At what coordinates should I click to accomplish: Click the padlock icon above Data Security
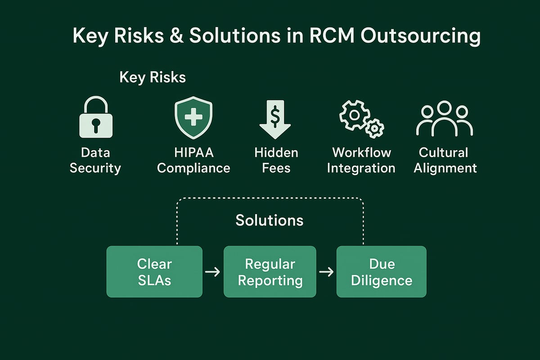pyautogui.click(x=95, y=119)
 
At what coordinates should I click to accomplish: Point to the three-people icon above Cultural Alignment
pyautogui.click(x=444, y=119)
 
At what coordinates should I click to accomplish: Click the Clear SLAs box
pyautogui.click(x=154, y=271)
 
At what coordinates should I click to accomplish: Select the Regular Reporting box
pyautogui.click(x=270, y=271)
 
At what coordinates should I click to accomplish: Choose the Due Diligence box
pyautogui.click(x=381, y=271)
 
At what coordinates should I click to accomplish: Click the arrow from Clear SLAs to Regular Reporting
pyautogui.click(x=212, y=272)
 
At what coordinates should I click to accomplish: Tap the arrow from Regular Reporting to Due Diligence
pyautogui.click(x=326, y=272)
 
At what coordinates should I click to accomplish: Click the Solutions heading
pyautogui.click(x=270, y=220)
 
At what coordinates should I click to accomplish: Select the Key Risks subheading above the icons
pyautogui.click(x=153, y=77)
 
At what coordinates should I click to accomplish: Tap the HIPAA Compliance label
pyautogui.click(x=193, y=161)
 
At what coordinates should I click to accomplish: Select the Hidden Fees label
pyautogui.click(x=276, y=161)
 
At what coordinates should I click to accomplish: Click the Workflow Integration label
pyautogui.click(x=361, y=161)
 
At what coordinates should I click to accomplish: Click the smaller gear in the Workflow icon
pyautogui.click(x=373, y=129)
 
